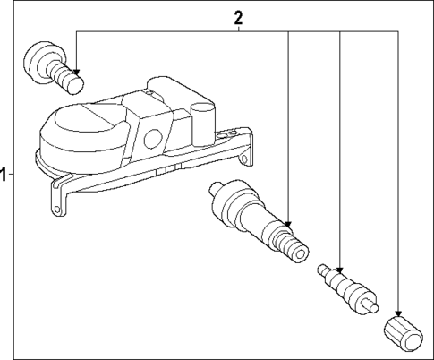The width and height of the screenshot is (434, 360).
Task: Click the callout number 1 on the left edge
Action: pyautogui.click(x=4, y=173)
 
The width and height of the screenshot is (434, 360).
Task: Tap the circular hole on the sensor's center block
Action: pyautogui.click(x=149, y=140)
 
